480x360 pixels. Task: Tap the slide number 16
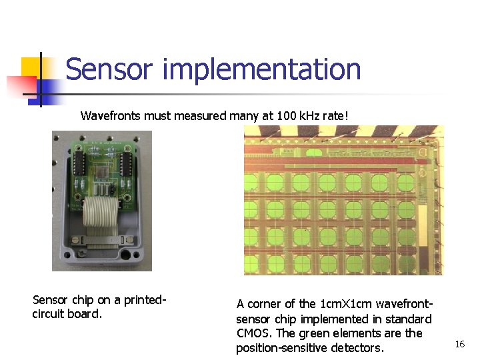pyautogui.click(x=459, y=344)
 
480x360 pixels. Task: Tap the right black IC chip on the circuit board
pyautogui.click(x=126, y=162)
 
